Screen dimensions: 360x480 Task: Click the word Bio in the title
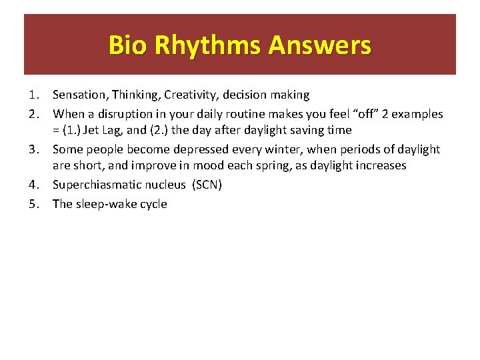[x=129, y=45]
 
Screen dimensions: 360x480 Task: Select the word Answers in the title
[x=319, y=45]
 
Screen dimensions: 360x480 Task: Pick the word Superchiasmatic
[x=96, y=185]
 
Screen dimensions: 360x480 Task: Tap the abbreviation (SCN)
[x=207, y=185]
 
